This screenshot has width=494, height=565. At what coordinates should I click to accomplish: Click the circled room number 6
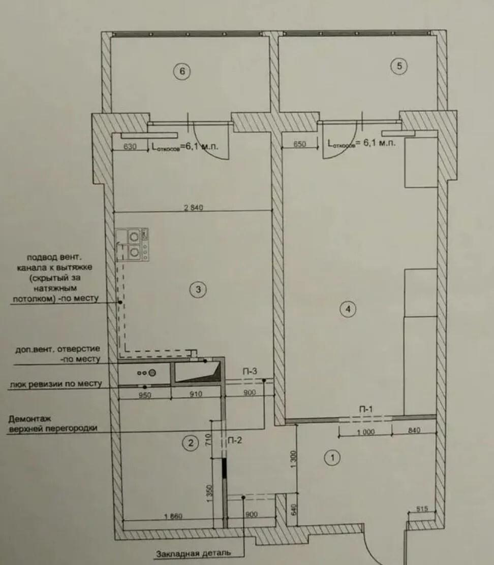tap(182, 71)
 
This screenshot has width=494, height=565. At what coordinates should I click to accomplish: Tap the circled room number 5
tap(399, 66)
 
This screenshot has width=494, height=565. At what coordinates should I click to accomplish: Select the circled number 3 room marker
tap(198, 289)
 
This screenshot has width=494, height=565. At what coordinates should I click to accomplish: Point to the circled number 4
tap(348, 309)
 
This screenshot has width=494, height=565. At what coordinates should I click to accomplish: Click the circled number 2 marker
tap(191, 443)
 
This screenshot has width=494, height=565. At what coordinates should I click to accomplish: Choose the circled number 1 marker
tap(332, 457)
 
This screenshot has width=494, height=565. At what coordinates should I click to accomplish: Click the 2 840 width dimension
tap(194, 208)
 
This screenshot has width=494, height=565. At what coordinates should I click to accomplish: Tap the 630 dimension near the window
tap(130, 147)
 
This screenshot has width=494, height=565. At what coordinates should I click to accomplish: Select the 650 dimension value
tap(299, 144)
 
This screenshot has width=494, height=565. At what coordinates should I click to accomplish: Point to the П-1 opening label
tap(365, 409)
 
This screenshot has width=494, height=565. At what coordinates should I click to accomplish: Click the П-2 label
tap(235, 440)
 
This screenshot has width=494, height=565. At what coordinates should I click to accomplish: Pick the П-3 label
tap(250, 371)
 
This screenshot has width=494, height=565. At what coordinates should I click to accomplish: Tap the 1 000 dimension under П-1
tap(366, 432)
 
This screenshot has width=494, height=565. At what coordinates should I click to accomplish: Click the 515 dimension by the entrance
tap(422, 509)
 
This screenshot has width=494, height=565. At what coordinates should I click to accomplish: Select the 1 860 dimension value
tap(173, 516)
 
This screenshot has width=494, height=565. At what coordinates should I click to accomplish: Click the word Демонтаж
tap(30, 419)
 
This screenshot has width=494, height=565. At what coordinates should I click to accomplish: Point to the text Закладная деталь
tap(194, 553)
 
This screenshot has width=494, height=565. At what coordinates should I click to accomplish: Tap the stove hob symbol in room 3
tap(132, 244)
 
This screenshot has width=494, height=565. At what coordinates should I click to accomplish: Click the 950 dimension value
tap(145, 395)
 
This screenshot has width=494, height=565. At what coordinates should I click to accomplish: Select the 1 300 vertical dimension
tap(293, 459)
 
